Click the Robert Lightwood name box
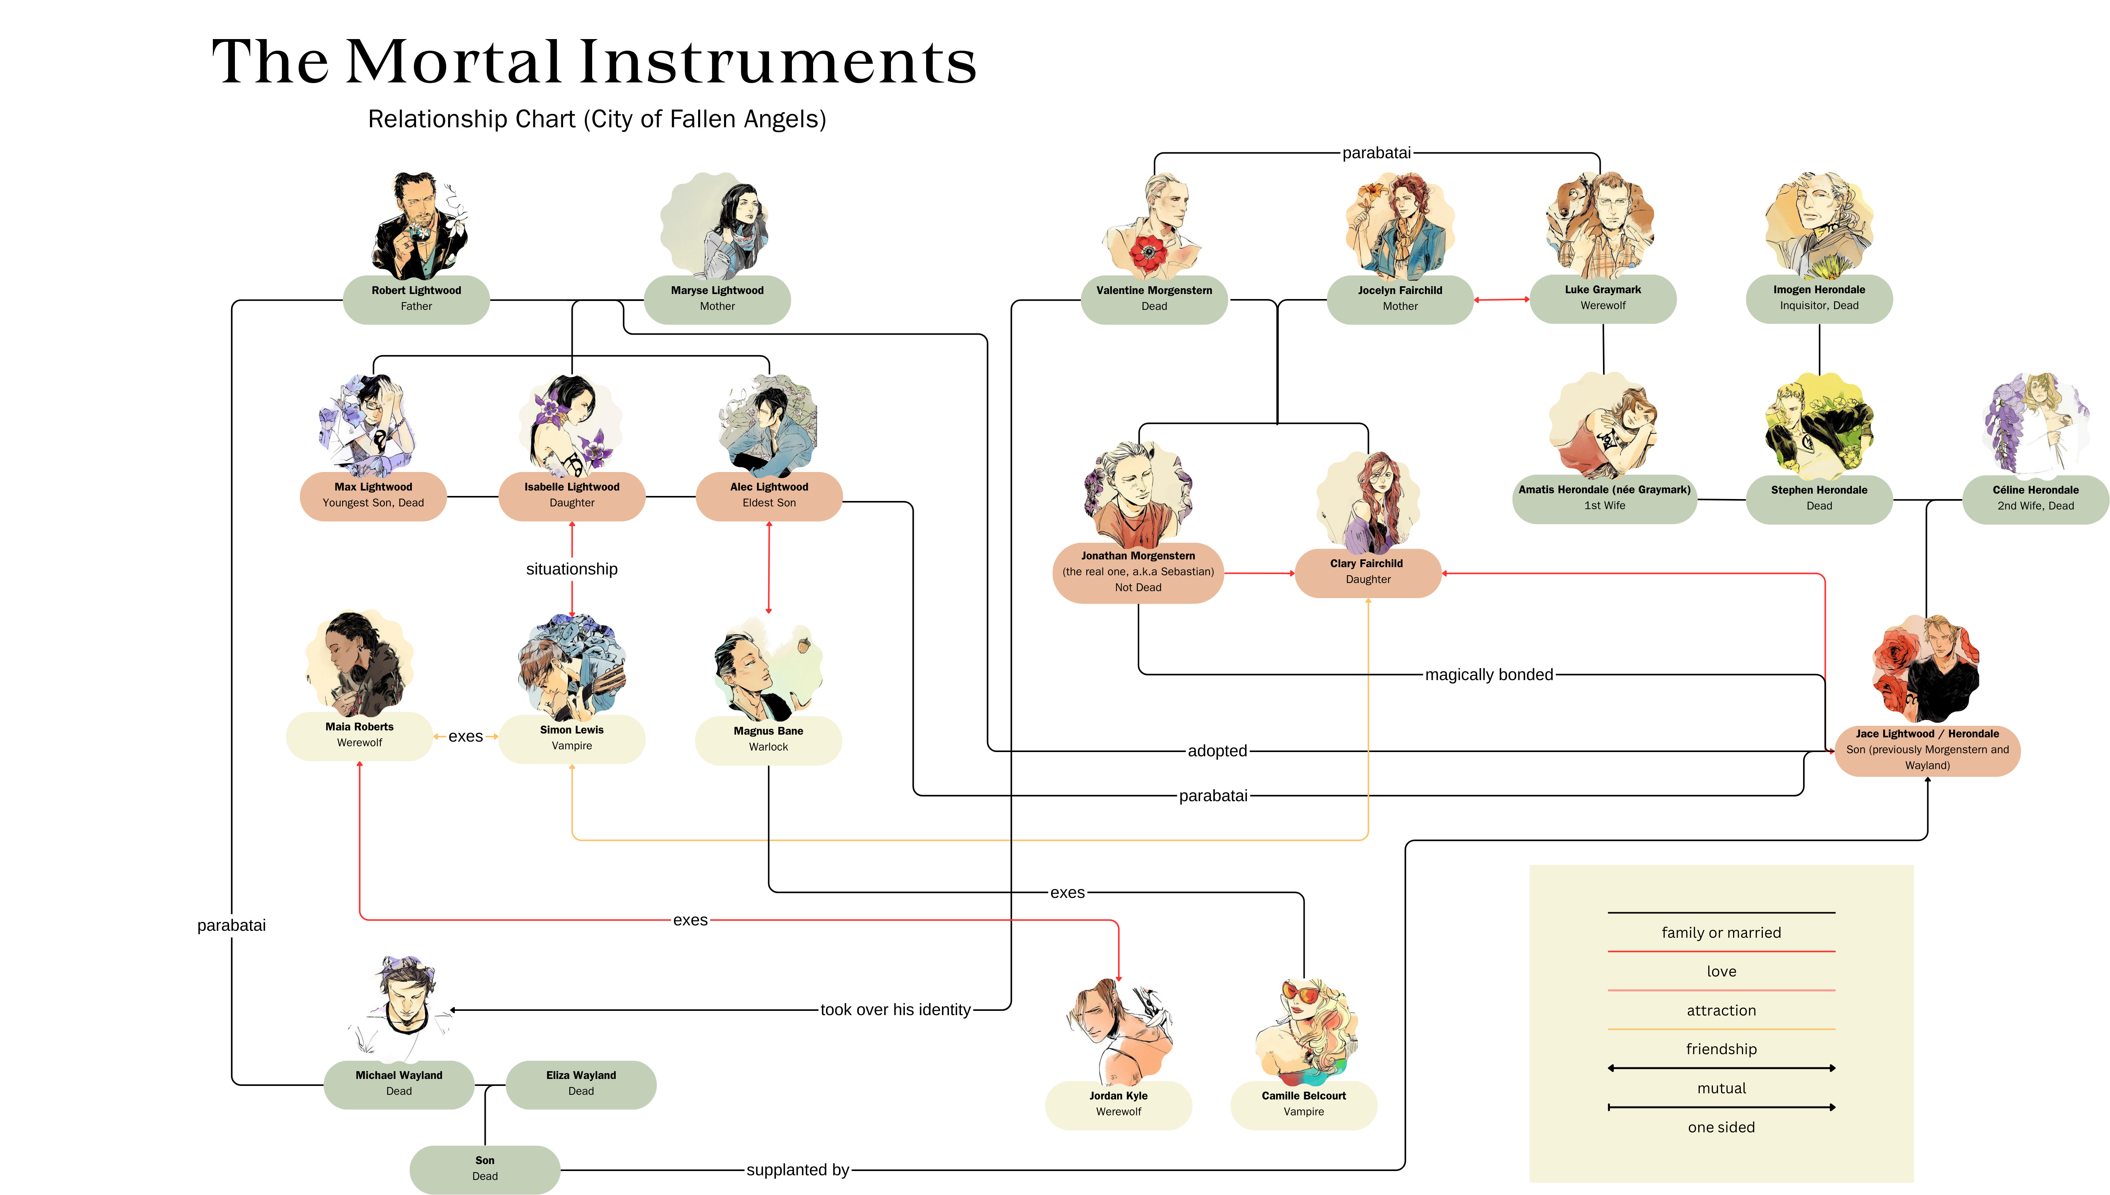(416, 299)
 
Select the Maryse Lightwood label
(717, 299)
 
